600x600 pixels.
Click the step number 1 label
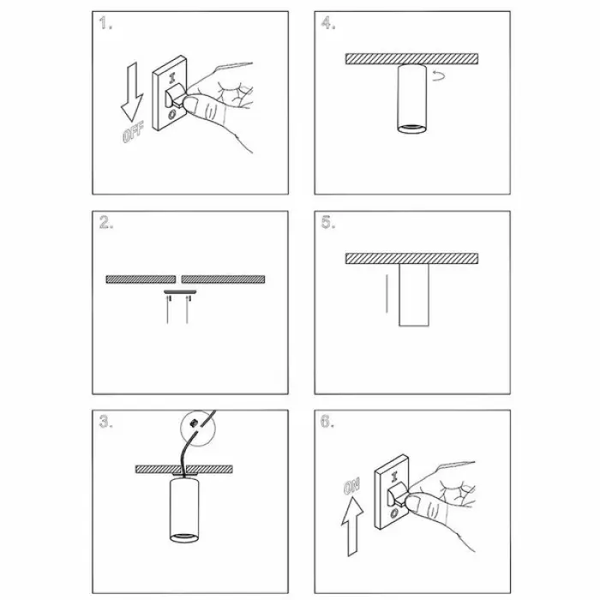pyautogui.click(x=105, y=23)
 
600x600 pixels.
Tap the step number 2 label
pyautogui.click(x=106, y=222)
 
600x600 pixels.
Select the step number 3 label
pyautogui.click(x=106, y=422)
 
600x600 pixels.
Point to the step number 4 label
pyautogui.click(x=328, y=23)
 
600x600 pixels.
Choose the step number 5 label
pyautogui.click(x=328, y=222)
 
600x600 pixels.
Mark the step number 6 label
pyautogui.click(x=327, y=422)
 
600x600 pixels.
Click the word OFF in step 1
pyautogui.click(x=133, y=132)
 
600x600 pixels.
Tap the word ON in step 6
pyautogui.click(x=351, y=486)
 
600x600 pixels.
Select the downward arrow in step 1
pyautogui.click(x=132, y=93)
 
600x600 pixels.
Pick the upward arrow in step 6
pyautogui.click(x=352, y=526)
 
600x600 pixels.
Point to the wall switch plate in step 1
pyautogui.click(x=169, y=93)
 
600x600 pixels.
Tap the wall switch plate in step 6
pyautogui.click(x=392, y=492)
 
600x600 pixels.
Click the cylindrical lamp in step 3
pyautogui.click(x=184, y=511)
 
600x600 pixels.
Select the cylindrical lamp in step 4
pyautogui.click(x=411, y=99)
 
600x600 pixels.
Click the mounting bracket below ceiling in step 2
pyautogui.click(x=180, y=292)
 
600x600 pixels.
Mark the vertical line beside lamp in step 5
pyautogui.click(x=387, y=293)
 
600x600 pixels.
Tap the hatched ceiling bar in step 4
pyautogui.click(x=411, y=59)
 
